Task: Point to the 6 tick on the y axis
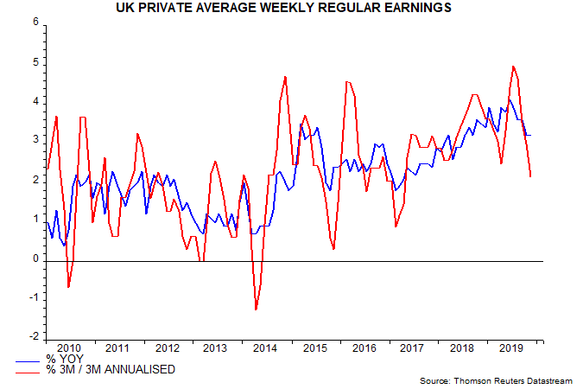[35, 22]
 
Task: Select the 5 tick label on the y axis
[35, 62]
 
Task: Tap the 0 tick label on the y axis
[35, 258]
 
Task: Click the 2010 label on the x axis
[68, 348]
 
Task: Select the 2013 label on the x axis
[215, 348]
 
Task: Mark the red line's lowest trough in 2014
[257, 309]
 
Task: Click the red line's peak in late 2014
[285, 77]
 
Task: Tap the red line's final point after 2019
[530, 176]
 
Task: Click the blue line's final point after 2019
[530, 135]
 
